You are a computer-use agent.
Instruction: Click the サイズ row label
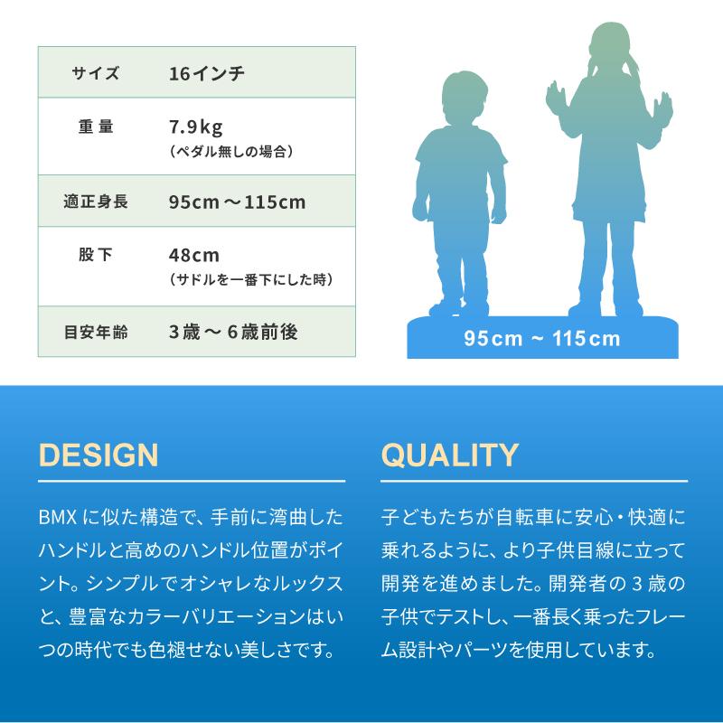[95, 72]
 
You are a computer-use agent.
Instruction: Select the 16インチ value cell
[206, 72]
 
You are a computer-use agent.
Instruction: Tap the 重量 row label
[95, 127]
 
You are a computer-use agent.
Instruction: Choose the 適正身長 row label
[95, 202]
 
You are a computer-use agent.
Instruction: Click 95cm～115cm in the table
[237, 202]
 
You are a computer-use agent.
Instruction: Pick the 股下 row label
[95, 255]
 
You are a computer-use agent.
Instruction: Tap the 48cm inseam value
[194, 255]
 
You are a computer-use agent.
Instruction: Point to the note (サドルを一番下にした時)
[251, 280]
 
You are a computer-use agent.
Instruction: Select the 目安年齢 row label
[95, 332]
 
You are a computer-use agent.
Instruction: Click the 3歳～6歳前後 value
[233, 332]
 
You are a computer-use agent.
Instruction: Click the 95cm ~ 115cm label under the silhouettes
[542, 339]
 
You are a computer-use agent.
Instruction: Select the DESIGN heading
[99, 454]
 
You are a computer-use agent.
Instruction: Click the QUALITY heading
[449, 454]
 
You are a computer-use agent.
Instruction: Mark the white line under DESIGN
[192, 481]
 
